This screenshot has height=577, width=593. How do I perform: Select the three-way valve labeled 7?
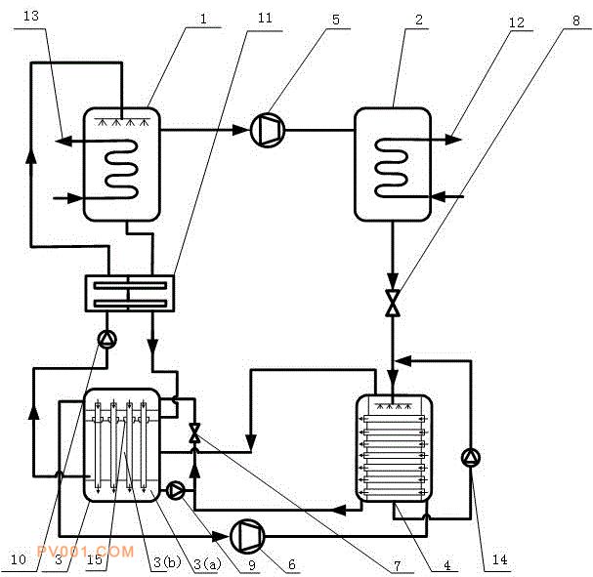coord(195,436)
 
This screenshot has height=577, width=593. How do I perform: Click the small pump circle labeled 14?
coord(473,456)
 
